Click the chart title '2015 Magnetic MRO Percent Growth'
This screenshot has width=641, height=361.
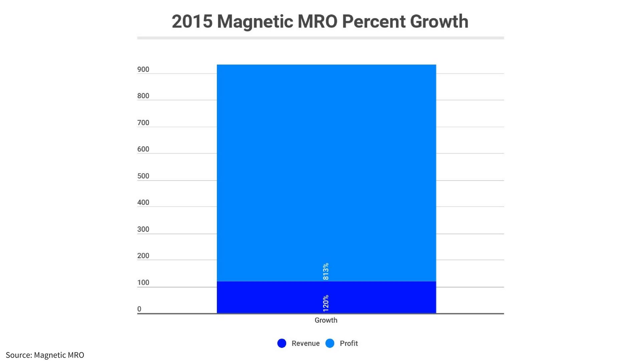[x=320, y=21]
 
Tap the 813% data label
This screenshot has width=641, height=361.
[x=326, y=271]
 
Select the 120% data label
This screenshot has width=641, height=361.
[x=326, y=303]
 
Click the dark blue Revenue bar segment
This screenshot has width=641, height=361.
[x=267, y=297]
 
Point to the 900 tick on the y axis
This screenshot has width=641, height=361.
[x=143, y=70]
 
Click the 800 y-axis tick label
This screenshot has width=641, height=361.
[x=143, y=96]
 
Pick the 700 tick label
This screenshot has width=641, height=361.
[x=143, y=123]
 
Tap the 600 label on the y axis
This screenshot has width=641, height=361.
[x=143, y=149]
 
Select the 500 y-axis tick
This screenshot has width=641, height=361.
[x=143, y=176]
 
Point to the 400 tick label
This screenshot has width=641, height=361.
[x=143, y=203]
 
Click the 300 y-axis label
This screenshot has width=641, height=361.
[x=143, y=229]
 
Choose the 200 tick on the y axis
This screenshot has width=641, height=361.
[x=143, y=256]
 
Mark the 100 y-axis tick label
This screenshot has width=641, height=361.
[x=143, y=282]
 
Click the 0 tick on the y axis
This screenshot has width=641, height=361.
[x=139, y=309]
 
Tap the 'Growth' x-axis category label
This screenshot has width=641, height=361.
[x=326, y=320]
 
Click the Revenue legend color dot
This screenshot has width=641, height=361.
[x=282, y=343]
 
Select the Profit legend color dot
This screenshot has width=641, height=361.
[x=330, y=343]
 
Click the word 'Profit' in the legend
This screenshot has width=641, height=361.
[x=349, y=343]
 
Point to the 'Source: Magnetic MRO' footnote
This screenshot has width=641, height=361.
[x=45, y=355]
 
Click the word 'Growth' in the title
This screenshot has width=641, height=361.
[x=439, y=21]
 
